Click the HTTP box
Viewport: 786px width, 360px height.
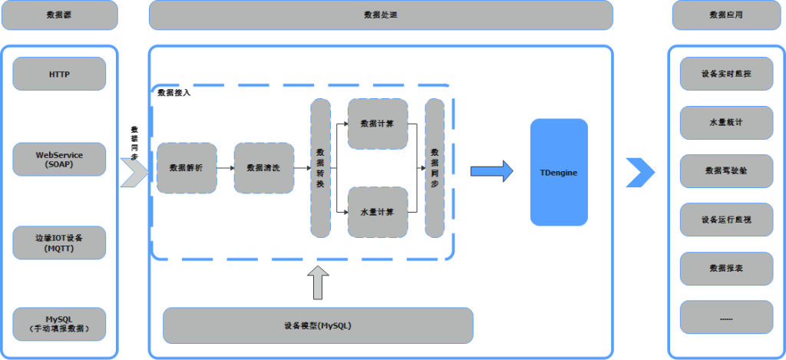[x=59, y=74]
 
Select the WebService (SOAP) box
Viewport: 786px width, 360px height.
[x=59, y=159]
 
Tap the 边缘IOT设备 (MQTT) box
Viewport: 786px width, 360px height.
[x=59, y=243]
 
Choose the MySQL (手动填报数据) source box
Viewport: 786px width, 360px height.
[x=59, y=324]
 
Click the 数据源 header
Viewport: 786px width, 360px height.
[x=59, y=15]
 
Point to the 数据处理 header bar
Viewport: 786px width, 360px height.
[x=381, y=15]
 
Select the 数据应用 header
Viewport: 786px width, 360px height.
[x=726, y=15]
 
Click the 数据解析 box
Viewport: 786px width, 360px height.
[x=187, y=167]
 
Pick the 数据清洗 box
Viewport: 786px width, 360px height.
[x=263, y=167]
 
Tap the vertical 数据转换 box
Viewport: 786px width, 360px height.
[x=320, y=167]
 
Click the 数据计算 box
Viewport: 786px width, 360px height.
[x=377, y=123]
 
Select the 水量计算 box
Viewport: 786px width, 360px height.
[x=377, y=212]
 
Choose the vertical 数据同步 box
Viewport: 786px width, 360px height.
[x=434, y=167]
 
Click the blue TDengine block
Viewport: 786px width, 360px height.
[x=558, y=172]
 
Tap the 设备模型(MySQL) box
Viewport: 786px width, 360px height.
[x=318, y=325]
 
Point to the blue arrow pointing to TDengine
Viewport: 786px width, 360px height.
[x=491, y=171]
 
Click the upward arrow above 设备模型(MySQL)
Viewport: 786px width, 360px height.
[x=318, y=282]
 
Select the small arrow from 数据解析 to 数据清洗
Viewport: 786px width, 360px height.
[x=225, y=167]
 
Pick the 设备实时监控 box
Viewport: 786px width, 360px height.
[x=726, y=74]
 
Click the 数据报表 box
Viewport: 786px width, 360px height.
[x=726, y=269]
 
